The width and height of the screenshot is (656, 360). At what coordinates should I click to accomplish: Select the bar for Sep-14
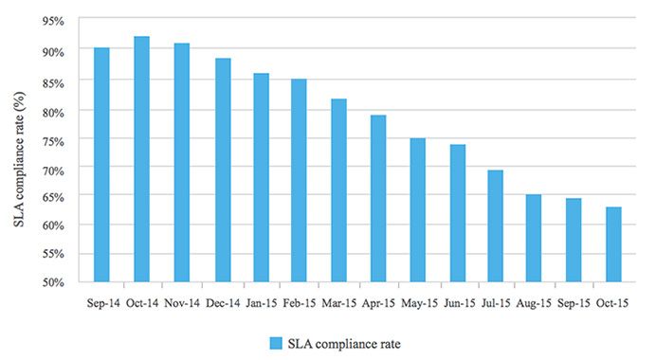click(101, 165)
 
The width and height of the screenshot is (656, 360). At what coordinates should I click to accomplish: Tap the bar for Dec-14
click(223, 170)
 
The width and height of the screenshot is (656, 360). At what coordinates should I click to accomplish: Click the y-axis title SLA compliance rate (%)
click(18, 152)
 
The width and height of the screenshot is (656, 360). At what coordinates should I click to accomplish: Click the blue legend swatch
click(275, 342)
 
